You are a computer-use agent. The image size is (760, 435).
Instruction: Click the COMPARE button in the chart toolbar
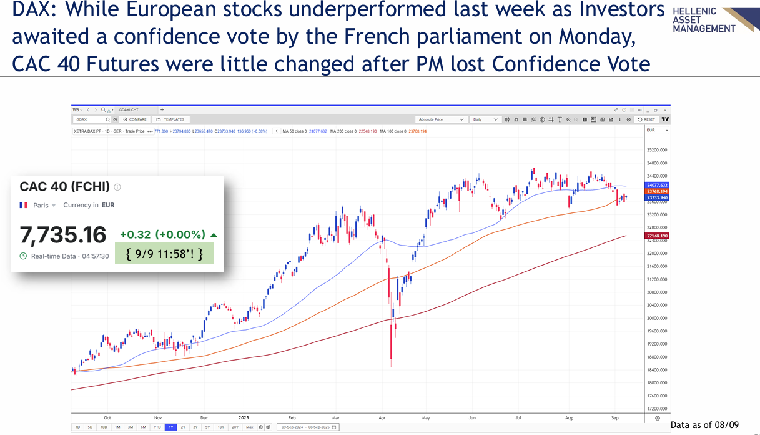tap(135, 119)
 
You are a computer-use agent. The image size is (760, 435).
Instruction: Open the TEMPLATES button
tap(171, 119)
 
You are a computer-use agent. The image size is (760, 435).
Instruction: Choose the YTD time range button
tap(157, 427)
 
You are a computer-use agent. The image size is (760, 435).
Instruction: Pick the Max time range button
tap(250, 427)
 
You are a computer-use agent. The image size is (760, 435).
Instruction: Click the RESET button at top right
tap(646, 119)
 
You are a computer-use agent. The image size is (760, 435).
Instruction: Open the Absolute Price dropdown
tap(441, 119)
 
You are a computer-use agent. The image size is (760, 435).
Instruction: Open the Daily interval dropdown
tap(486, 119)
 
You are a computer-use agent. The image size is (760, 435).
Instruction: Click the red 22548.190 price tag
tap(656, 236)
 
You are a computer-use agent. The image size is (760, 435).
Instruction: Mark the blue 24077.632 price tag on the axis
tap(656, 185)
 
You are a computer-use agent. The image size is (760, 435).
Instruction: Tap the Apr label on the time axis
tap(382, 417)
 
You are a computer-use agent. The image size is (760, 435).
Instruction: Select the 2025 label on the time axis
tap(243, 417)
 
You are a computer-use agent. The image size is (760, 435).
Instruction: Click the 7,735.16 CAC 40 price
tap(63, 235)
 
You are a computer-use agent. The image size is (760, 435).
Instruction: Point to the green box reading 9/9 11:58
tap(164, 254)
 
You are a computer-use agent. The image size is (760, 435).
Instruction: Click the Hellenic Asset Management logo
tap(712, 20)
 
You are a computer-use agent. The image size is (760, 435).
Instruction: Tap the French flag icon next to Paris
tap(24, 205)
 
